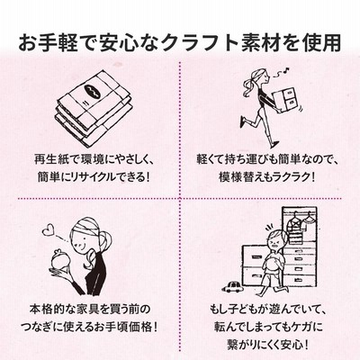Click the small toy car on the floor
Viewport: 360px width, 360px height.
click(x=232, y=287)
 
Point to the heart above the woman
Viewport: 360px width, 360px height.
click(x=47, y=230)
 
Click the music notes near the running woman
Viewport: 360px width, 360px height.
click(x=283, y=71)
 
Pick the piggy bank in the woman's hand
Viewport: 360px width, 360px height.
click(x=60, y=262)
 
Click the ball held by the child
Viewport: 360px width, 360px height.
click(x=272, y=264)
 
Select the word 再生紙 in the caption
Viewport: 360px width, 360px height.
click(x=48, y=159)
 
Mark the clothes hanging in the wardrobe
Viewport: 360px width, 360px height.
click(x=299, y=222)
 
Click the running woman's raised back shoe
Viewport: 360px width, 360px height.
click(x=243, y=122)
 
